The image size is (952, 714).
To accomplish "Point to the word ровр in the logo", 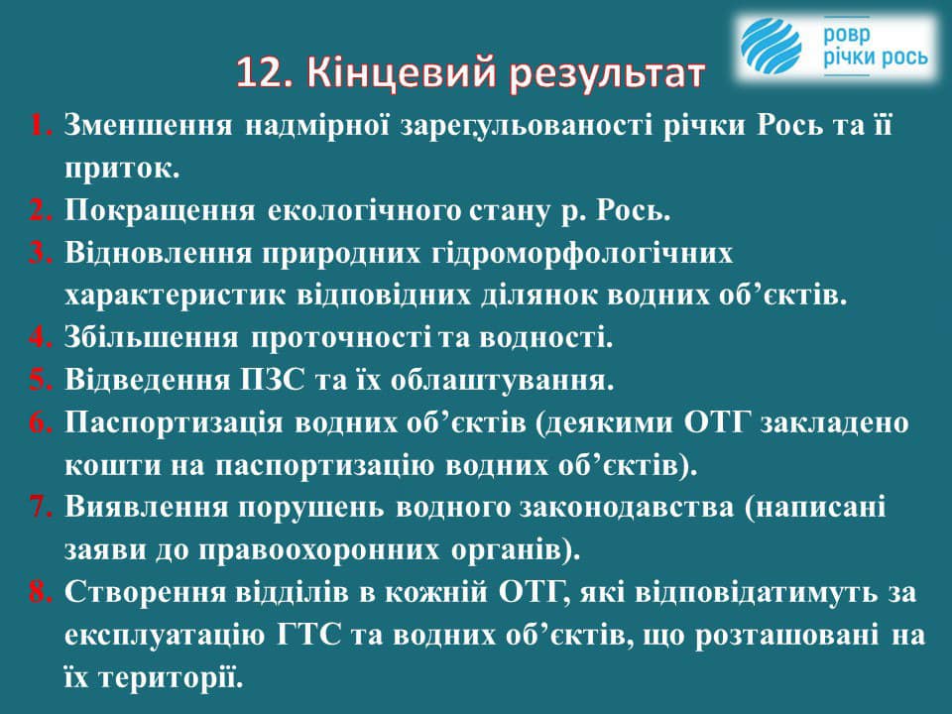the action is pos(846,36).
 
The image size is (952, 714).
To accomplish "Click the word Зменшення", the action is pos(148,126).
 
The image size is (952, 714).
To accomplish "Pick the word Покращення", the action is pos(161,211).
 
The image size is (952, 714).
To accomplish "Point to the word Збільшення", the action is pos(152,338).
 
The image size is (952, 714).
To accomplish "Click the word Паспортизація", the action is pos(174,423).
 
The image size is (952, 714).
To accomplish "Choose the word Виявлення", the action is pos(146,508).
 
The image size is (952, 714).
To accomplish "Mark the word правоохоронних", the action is pos(319,550).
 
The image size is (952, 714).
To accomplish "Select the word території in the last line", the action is pos(171,677).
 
